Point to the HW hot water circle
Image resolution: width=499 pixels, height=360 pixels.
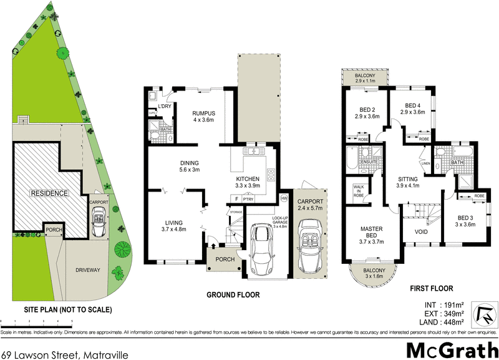pyautogui.click(x=284, y=198)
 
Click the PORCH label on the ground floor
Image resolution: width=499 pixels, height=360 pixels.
pyautogui.click(x=224, y=259)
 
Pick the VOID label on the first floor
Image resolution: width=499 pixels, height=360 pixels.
pyautogui.click(x=421, y=233)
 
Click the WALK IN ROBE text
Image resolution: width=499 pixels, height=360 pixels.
pyautogui.click(x=359, y=190)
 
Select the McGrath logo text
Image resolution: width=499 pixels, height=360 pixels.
pyautogui.click(x=448, y=349)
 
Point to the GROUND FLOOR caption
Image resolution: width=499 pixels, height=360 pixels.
pyautogui.click(x=233, y=295)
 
